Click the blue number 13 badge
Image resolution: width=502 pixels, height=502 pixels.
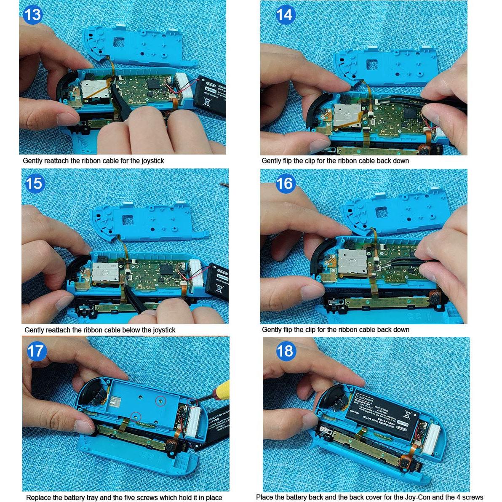tap(33, 14)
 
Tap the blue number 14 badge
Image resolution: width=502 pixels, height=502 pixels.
tap(285, 15)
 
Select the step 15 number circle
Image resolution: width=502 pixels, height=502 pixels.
tap(35, 184)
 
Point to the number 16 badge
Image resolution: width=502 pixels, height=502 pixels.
tap(285, 184)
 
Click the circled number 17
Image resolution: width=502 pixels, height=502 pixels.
tap(36, 351)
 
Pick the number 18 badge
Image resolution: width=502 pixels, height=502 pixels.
tap(285, 351)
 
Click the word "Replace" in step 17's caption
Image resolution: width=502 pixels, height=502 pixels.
tap(38, 497)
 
